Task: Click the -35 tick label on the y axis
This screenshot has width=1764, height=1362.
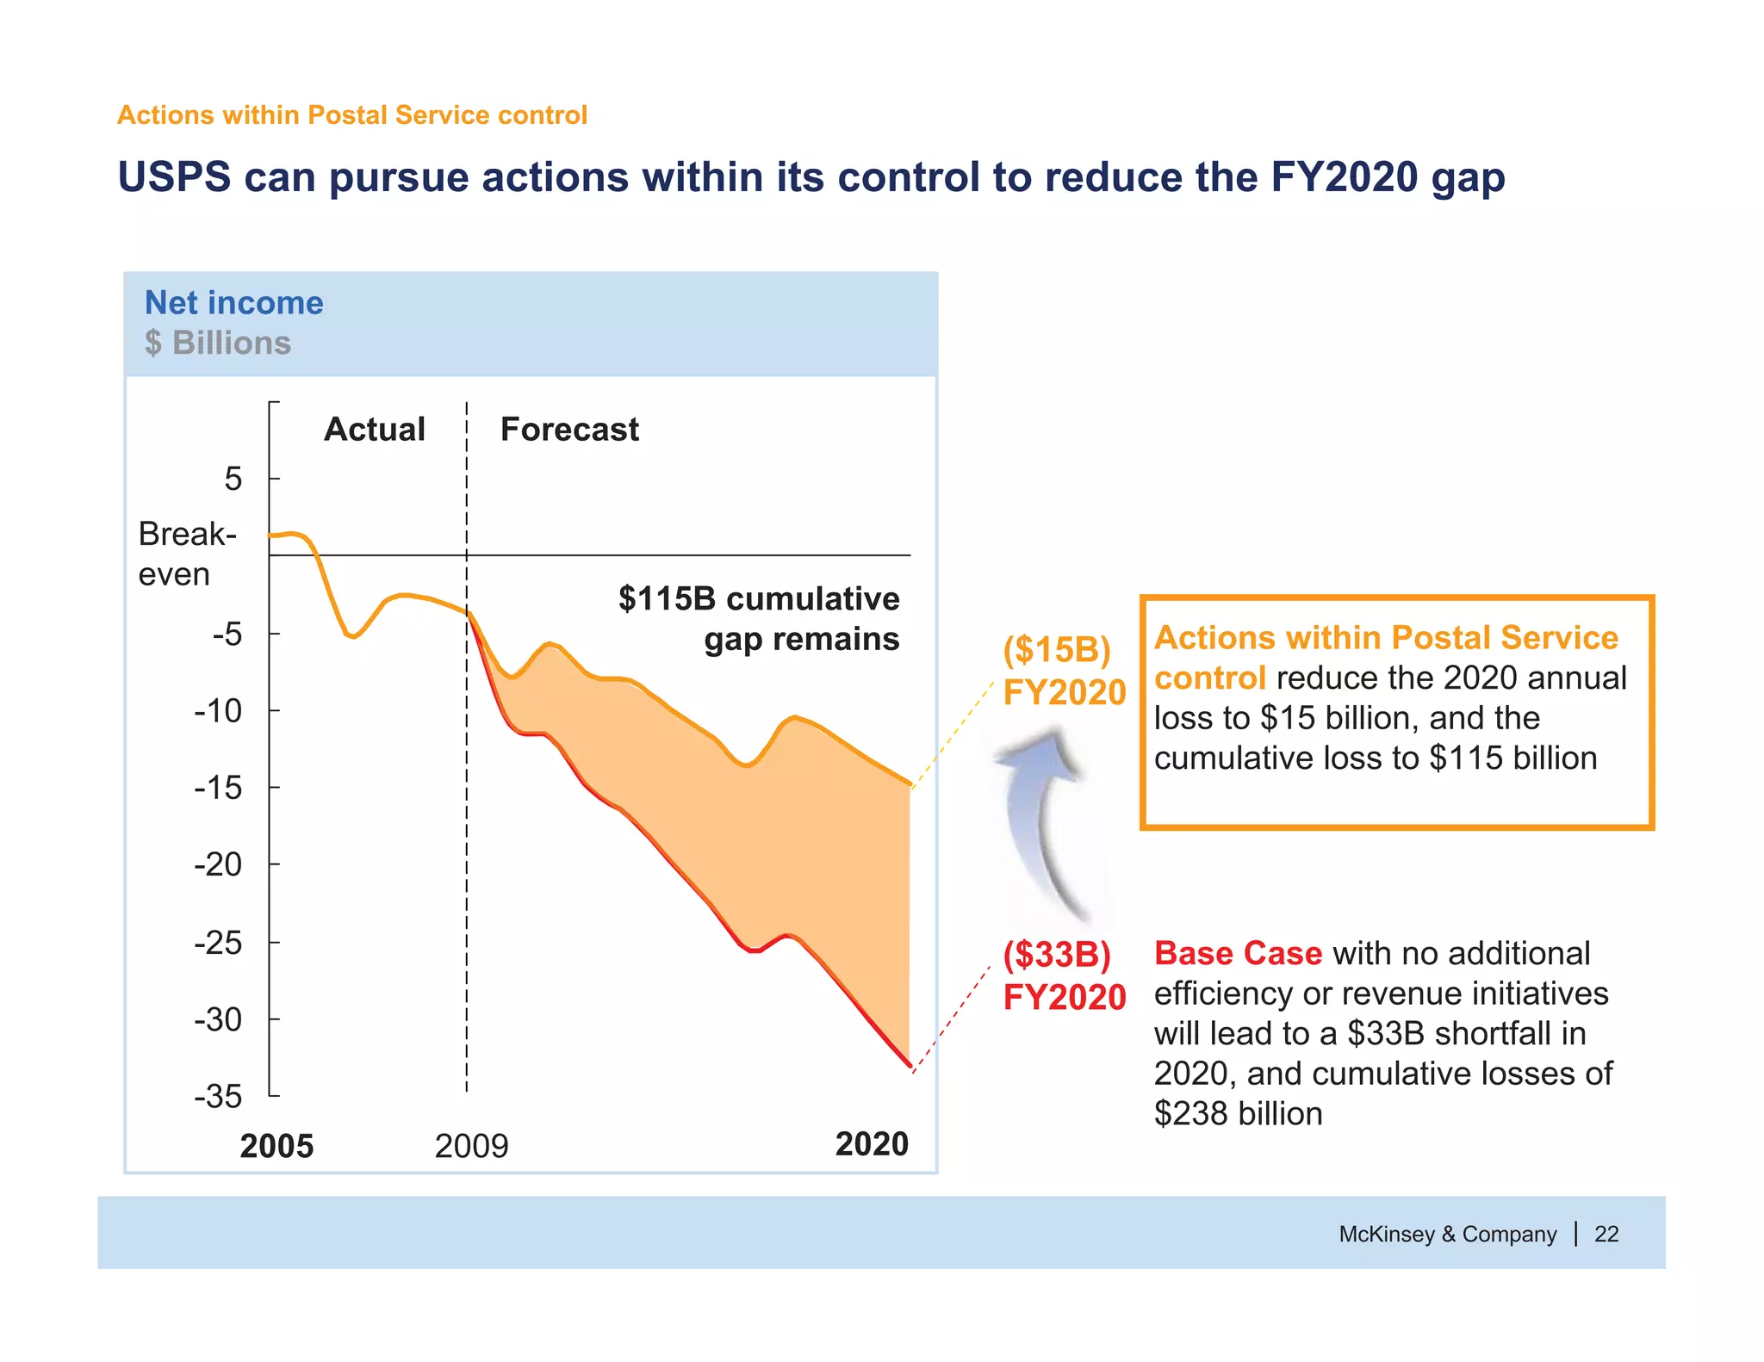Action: [x=218, y=1096]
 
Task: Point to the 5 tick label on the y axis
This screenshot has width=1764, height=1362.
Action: [x=233, y=479]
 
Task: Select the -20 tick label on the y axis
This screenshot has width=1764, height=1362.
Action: [x=218, y=864]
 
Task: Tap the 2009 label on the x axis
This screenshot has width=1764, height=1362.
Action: [x=471, y=1146]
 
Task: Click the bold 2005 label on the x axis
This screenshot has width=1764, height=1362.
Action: [x=276, y=1146]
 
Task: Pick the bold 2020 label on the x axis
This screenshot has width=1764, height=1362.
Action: [x=872, y=1143]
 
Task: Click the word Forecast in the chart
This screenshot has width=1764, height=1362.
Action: [x=569, y=429]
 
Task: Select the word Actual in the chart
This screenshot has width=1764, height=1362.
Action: [x=374, y=429]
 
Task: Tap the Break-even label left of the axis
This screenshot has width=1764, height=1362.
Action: [x=186, y=554]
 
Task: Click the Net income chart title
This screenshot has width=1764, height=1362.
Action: [x=233, y=302]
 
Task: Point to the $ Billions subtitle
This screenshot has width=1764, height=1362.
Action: [x=218, y=343]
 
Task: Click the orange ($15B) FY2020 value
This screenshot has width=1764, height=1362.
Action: [x=1064, y=671]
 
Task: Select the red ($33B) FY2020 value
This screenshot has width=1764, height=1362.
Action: [x=1064, y=975]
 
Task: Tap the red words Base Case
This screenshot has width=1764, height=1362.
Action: [x=1238, y=953]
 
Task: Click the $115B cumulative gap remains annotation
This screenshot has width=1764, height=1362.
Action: [x=759, y=618]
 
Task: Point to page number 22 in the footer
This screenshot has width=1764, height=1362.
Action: [x=1606, y=1234]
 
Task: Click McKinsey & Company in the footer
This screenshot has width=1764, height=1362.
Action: [x=1447, y=1234]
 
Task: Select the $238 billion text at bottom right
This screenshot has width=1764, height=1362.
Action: [x=1238, y=1113]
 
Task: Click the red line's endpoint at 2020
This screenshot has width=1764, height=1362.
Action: [x=910, y=1065]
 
